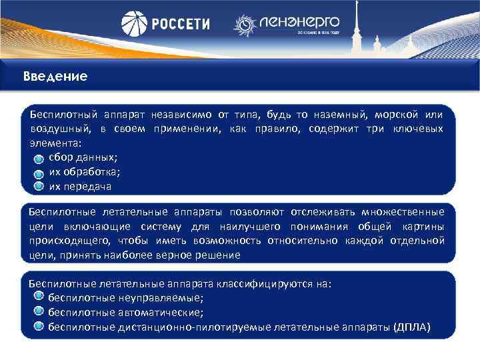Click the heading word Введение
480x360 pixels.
[55, 77]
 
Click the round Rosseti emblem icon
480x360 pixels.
[134, 24]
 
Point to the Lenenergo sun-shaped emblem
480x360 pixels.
[245, 25]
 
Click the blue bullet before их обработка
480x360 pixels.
[39, 172]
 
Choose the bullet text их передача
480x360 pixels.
[80, 186]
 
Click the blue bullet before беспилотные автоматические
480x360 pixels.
[39, 312]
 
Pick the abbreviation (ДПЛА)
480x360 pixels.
[412, 327]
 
